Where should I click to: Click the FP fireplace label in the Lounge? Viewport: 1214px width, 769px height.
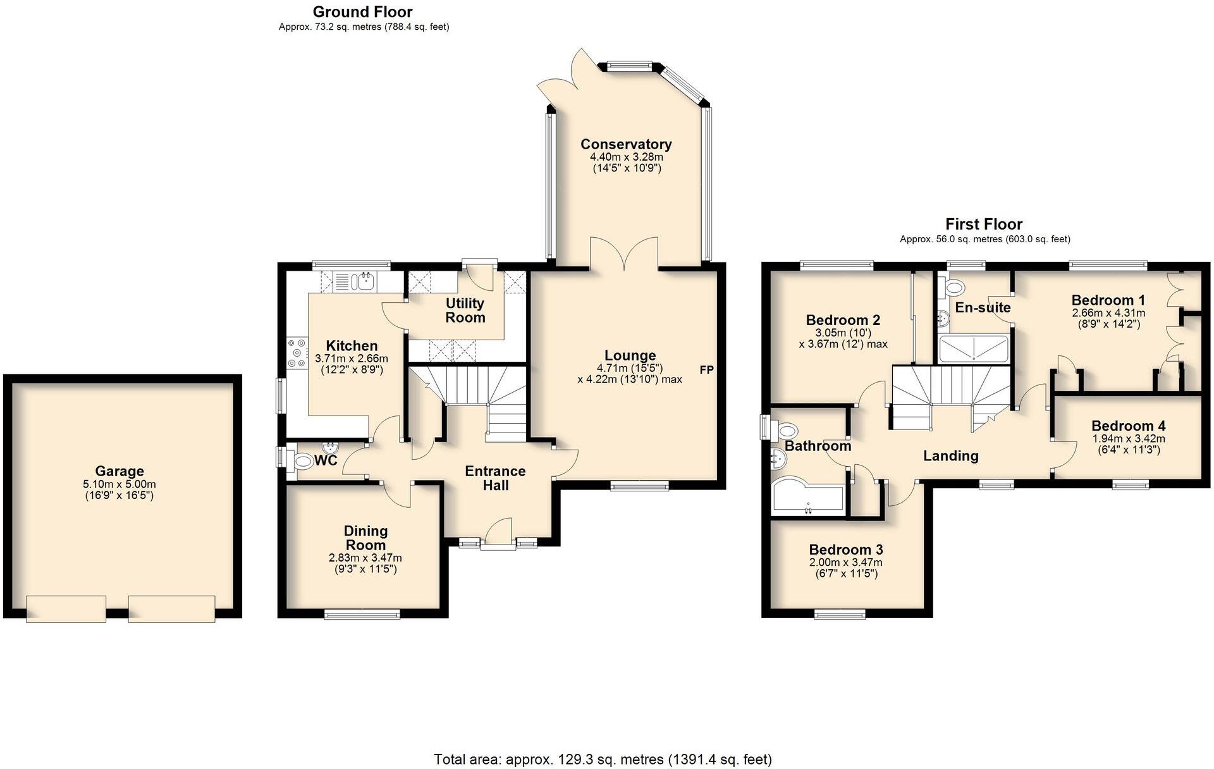coord(706,370)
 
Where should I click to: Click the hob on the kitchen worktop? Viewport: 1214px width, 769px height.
coord(295,354)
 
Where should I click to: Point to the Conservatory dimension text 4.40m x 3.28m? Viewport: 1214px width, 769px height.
coord(626,157)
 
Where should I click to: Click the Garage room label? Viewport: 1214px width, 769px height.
coord(120,471)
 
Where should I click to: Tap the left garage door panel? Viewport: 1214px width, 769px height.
coord(66,608)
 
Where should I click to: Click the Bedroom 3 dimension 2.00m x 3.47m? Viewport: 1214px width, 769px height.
coord(845,562)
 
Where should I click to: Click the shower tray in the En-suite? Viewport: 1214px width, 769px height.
coord(974,349)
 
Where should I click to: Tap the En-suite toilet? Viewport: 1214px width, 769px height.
coord(951,289)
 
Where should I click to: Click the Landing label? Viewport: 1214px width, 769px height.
coord(950,456)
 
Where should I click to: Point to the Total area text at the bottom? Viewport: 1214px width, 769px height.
coord(603,759)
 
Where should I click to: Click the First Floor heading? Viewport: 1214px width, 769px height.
coord(984,224)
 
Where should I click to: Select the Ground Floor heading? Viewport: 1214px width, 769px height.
coord(362,12)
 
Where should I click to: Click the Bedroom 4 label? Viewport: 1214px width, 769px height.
coord(1128,426)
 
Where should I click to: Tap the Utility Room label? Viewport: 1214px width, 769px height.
coord(465,311)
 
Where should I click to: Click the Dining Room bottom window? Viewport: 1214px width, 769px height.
coord(362,613)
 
